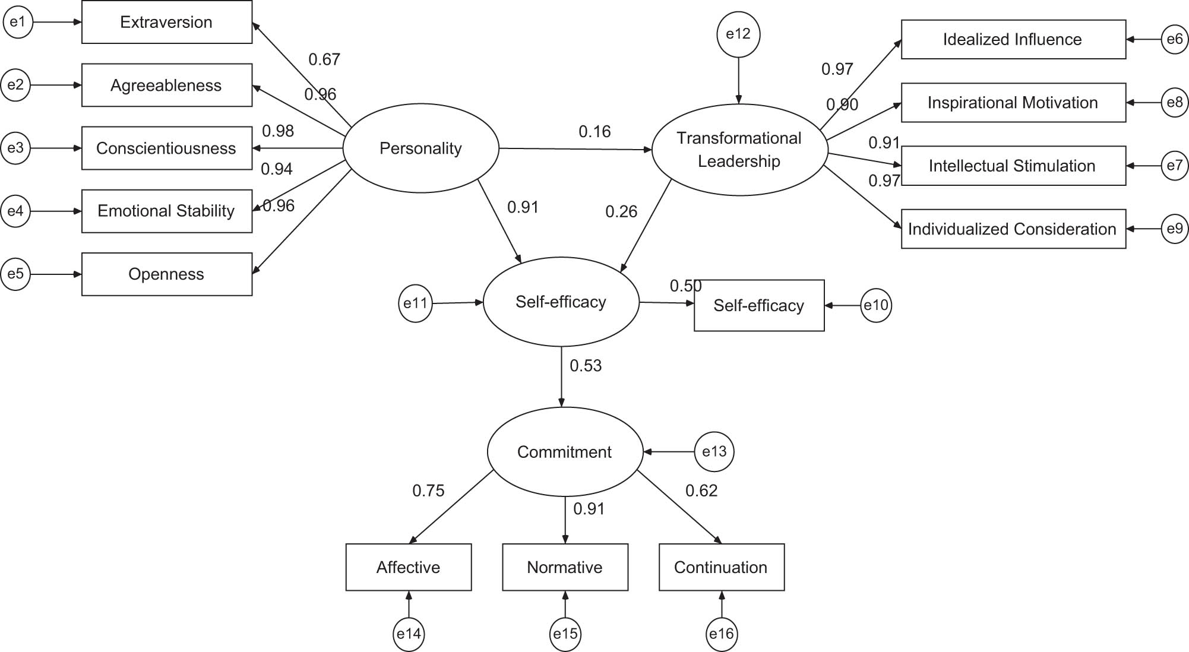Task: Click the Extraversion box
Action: [x=166, y=23]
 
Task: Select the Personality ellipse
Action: [x=420, y=148]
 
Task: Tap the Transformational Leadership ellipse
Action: [x=739, y=150]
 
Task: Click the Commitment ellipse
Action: [x=564, y=452]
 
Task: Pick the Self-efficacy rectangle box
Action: [x=758, y=305]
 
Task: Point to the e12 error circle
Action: [x=738, y=34]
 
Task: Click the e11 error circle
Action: [x=415, y=303]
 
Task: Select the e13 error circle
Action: [x=714, y=452]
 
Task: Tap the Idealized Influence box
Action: [x=1013, y=40]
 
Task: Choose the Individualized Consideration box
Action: [x=1013, y=229]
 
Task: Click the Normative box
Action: [x=565, y=567]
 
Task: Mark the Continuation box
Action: [x=721, y=567]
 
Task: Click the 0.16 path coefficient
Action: [x=594, y=132]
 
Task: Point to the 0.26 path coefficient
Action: [x=621, y=212]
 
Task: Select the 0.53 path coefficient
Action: [x=586, y=366]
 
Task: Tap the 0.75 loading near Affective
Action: [x=428, y=491]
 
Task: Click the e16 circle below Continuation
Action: [x=722, y=634]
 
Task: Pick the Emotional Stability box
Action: [x=166, y=211]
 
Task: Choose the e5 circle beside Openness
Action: [x=16, y=274]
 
